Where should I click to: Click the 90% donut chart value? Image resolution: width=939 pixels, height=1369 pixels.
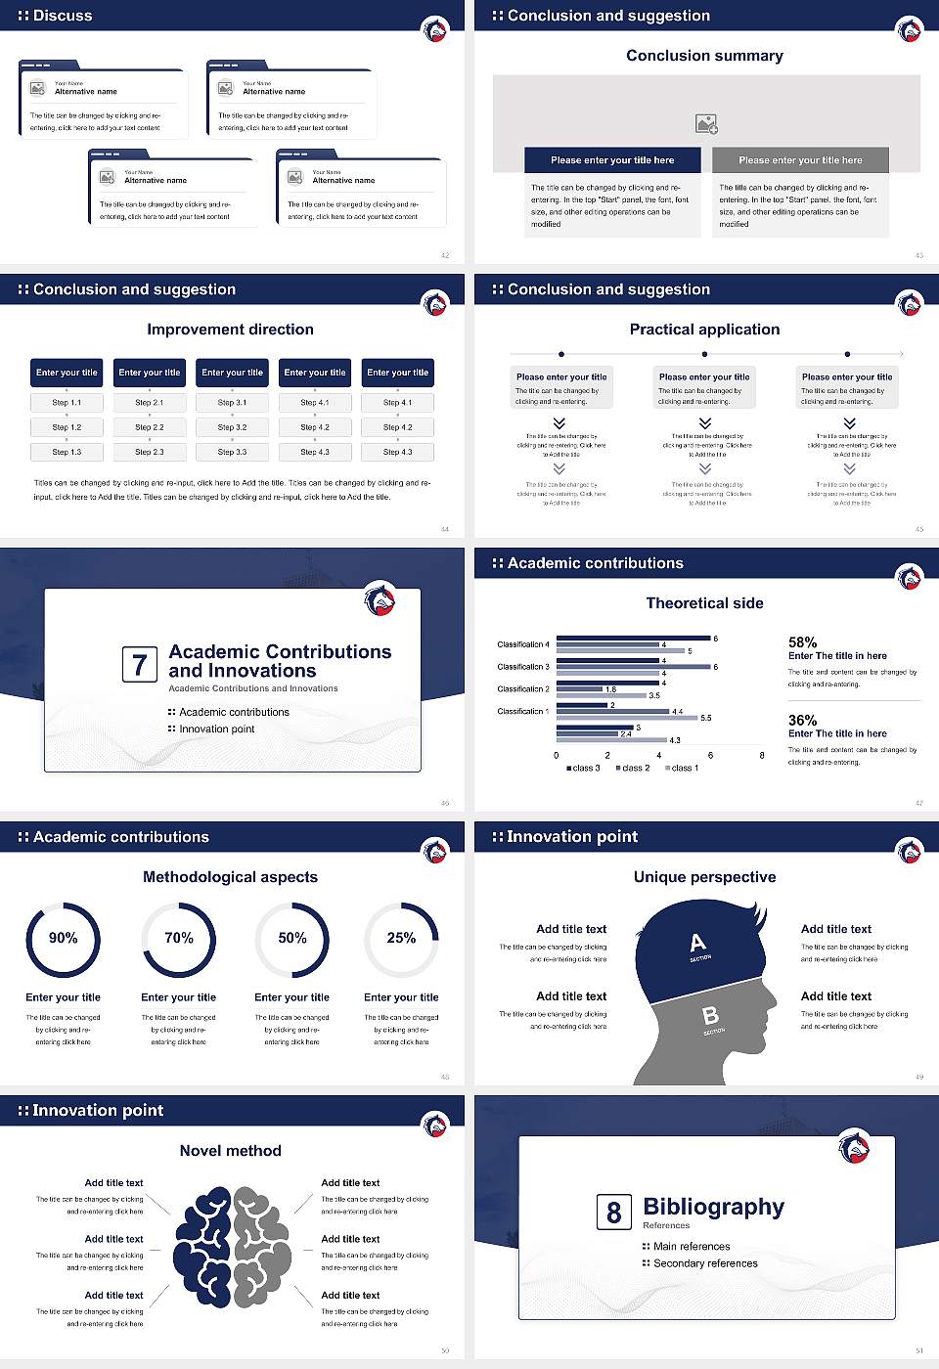pyautogui.click(x=64, y=938)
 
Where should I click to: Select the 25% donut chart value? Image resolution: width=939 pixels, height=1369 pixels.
pyautogui.click(x=401, y=938)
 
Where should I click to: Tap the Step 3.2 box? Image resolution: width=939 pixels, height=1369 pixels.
pyautogui.click(x=232, y=427)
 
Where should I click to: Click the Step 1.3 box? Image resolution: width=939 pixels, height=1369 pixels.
pyautogui.click(x=67, y=452)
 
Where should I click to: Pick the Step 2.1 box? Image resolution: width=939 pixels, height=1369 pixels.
pyautogui.click(x=150, y=403)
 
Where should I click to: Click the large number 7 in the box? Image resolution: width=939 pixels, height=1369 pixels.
pyautogui.click(x=140, y=665)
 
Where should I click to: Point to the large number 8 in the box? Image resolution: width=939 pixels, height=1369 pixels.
pyautogui.click(x=613, y=1213)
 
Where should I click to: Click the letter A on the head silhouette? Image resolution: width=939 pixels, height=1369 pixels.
pyautogui.click(x=697, y=943)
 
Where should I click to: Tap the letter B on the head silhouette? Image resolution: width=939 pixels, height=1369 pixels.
pyautogui.click(x=711, y=1017)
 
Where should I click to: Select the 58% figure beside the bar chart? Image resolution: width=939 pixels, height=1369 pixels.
pyautogui.click(x=802, y=642)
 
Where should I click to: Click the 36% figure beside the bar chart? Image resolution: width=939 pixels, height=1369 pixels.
pyautogui.click(x=802, y=720)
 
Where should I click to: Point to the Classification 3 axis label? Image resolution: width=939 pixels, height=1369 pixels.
pyautogui.click(x=523, y=667)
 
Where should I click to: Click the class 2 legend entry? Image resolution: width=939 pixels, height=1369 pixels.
pyautogui.click(x=633, y=768)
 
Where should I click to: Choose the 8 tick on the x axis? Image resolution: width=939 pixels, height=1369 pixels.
pyautogui.click(x=762, y=755)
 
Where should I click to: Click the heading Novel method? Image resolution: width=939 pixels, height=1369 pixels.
pyautogui.click(x=231, y=1151)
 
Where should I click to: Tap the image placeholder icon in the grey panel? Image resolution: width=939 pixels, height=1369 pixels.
pyautogui.click(x=706, y=124)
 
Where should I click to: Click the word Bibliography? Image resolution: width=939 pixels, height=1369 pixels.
pyautogui.click(x=714, y=1207)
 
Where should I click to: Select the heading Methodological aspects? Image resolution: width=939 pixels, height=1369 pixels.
pyautogui.click(x=231, y=877)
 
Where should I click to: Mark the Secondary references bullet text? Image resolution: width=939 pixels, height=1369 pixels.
pyautogui.click(x=705, y=1263)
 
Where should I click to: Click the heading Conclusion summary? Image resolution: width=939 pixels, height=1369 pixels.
pyautogui.click(x=704, y=56)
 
